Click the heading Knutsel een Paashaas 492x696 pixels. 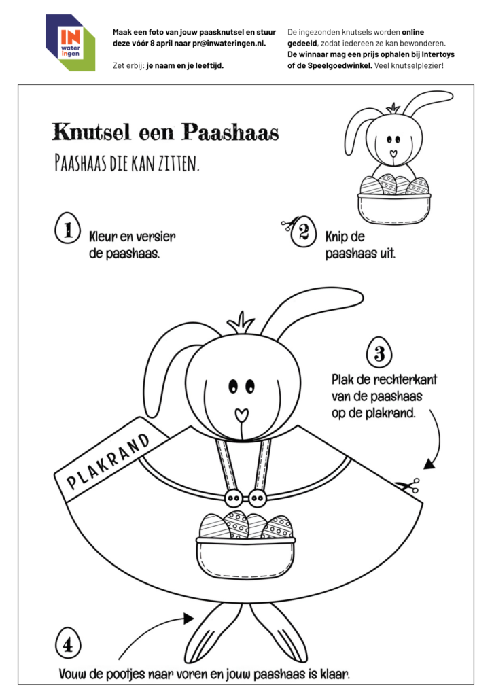tap(165, 132)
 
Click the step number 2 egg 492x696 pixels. tap(304, 233)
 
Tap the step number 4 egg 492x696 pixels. tap(68, 644)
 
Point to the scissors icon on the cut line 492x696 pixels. tap(408, 485)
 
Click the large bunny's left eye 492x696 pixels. tap(232, 386)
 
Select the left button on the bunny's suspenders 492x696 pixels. tap(232, 498)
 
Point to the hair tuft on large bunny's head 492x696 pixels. tap(239, 321)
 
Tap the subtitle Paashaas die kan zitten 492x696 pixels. tap(126, 163)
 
